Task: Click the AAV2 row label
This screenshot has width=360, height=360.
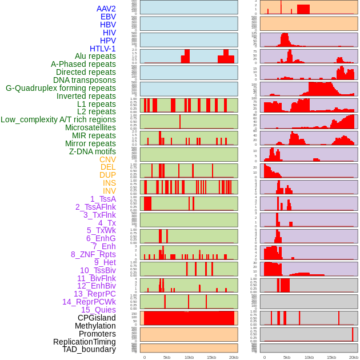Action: coord(106,9)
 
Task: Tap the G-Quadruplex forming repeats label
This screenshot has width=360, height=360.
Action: coord(61,88)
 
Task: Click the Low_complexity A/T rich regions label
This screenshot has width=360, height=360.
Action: coord(58,119)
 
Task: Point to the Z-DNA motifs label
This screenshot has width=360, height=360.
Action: coord(92,151)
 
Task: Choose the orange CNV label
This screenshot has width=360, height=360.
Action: coord(107,159)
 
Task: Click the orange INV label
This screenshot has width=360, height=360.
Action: coord(109,191)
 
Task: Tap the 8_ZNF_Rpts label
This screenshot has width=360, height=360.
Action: coord(93,254)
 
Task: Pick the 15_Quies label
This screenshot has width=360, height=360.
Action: coord(98,310)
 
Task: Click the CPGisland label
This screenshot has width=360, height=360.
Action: coord(97,318)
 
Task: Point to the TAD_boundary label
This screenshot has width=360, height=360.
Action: coord(89,349)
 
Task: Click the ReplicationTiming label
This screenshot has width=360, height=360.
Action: coord(84,342)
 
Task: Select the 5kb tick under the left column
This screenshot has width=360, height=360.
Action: coord(167,357)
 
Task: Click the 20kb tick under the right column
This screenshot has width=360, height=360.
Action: coord(354,357)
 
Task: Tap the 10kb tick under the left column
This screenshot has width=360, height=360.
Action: coord(189,357)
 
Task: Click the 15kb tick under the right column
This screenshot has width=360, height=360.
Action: coord(331,357)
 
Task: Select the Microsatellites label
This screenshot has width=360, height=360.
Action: coord(90,127)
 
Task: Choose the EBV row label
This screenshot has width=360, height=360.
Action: coord(108,17)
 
